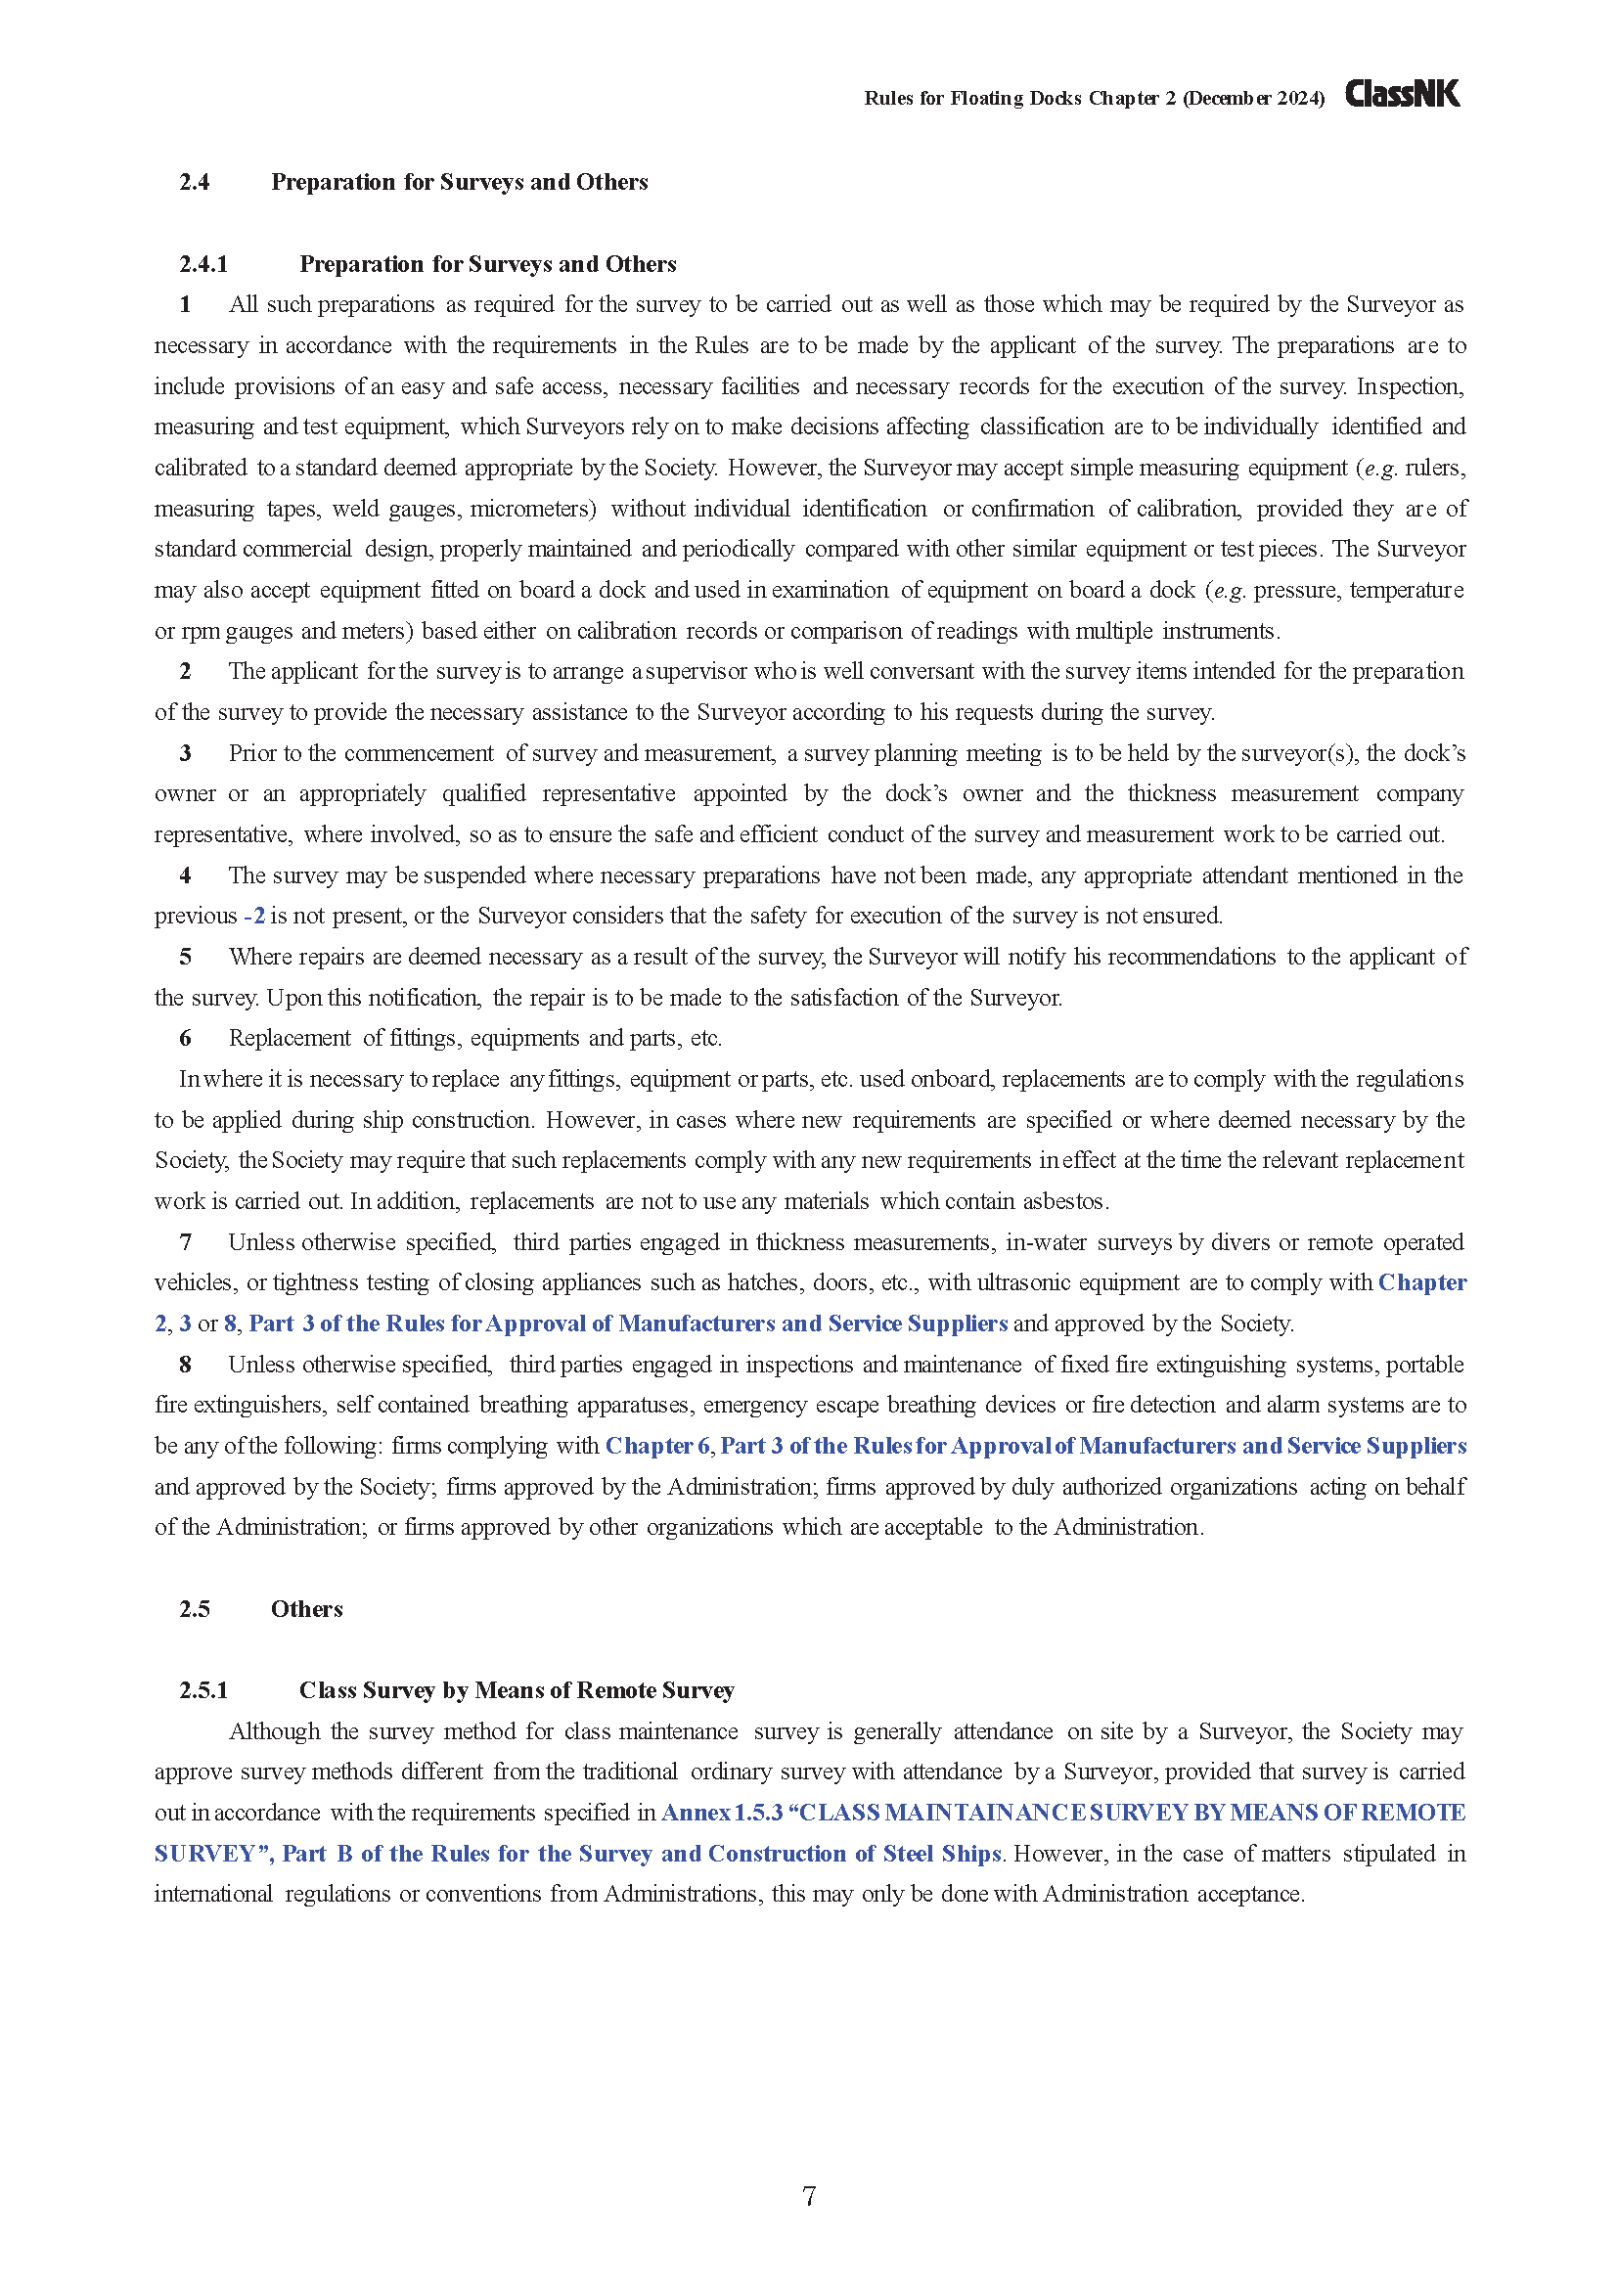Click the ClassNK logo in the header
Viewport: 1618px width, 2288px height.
click(1402, 94)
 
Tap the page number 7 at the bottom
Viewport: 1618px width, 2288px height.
click(808, 2195)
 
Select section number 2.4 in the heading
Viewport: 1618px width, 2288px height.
click(195, 182)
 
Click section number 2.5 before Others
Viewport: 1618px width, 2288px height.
click(195, 1609)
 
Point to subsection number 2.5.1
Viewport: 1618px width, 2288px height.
click(203, 1690)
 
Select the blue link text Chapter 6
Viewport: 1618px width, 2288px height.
click(656, 1446)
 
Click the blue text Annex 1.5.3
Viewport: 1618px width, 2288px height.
click(721, 1813)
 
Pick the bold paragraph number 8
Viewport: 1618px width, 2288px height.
click(185, 1365)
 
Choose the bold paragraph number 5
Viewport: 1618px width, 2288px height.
click(185, 957)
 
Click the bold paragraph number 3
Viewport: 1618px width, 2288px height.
click(185, 753)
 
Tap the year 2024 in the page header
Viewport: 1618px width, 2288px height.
click(1297, 99)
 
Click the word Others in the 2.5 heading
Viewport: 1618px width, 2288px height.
click(307, 1609)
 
